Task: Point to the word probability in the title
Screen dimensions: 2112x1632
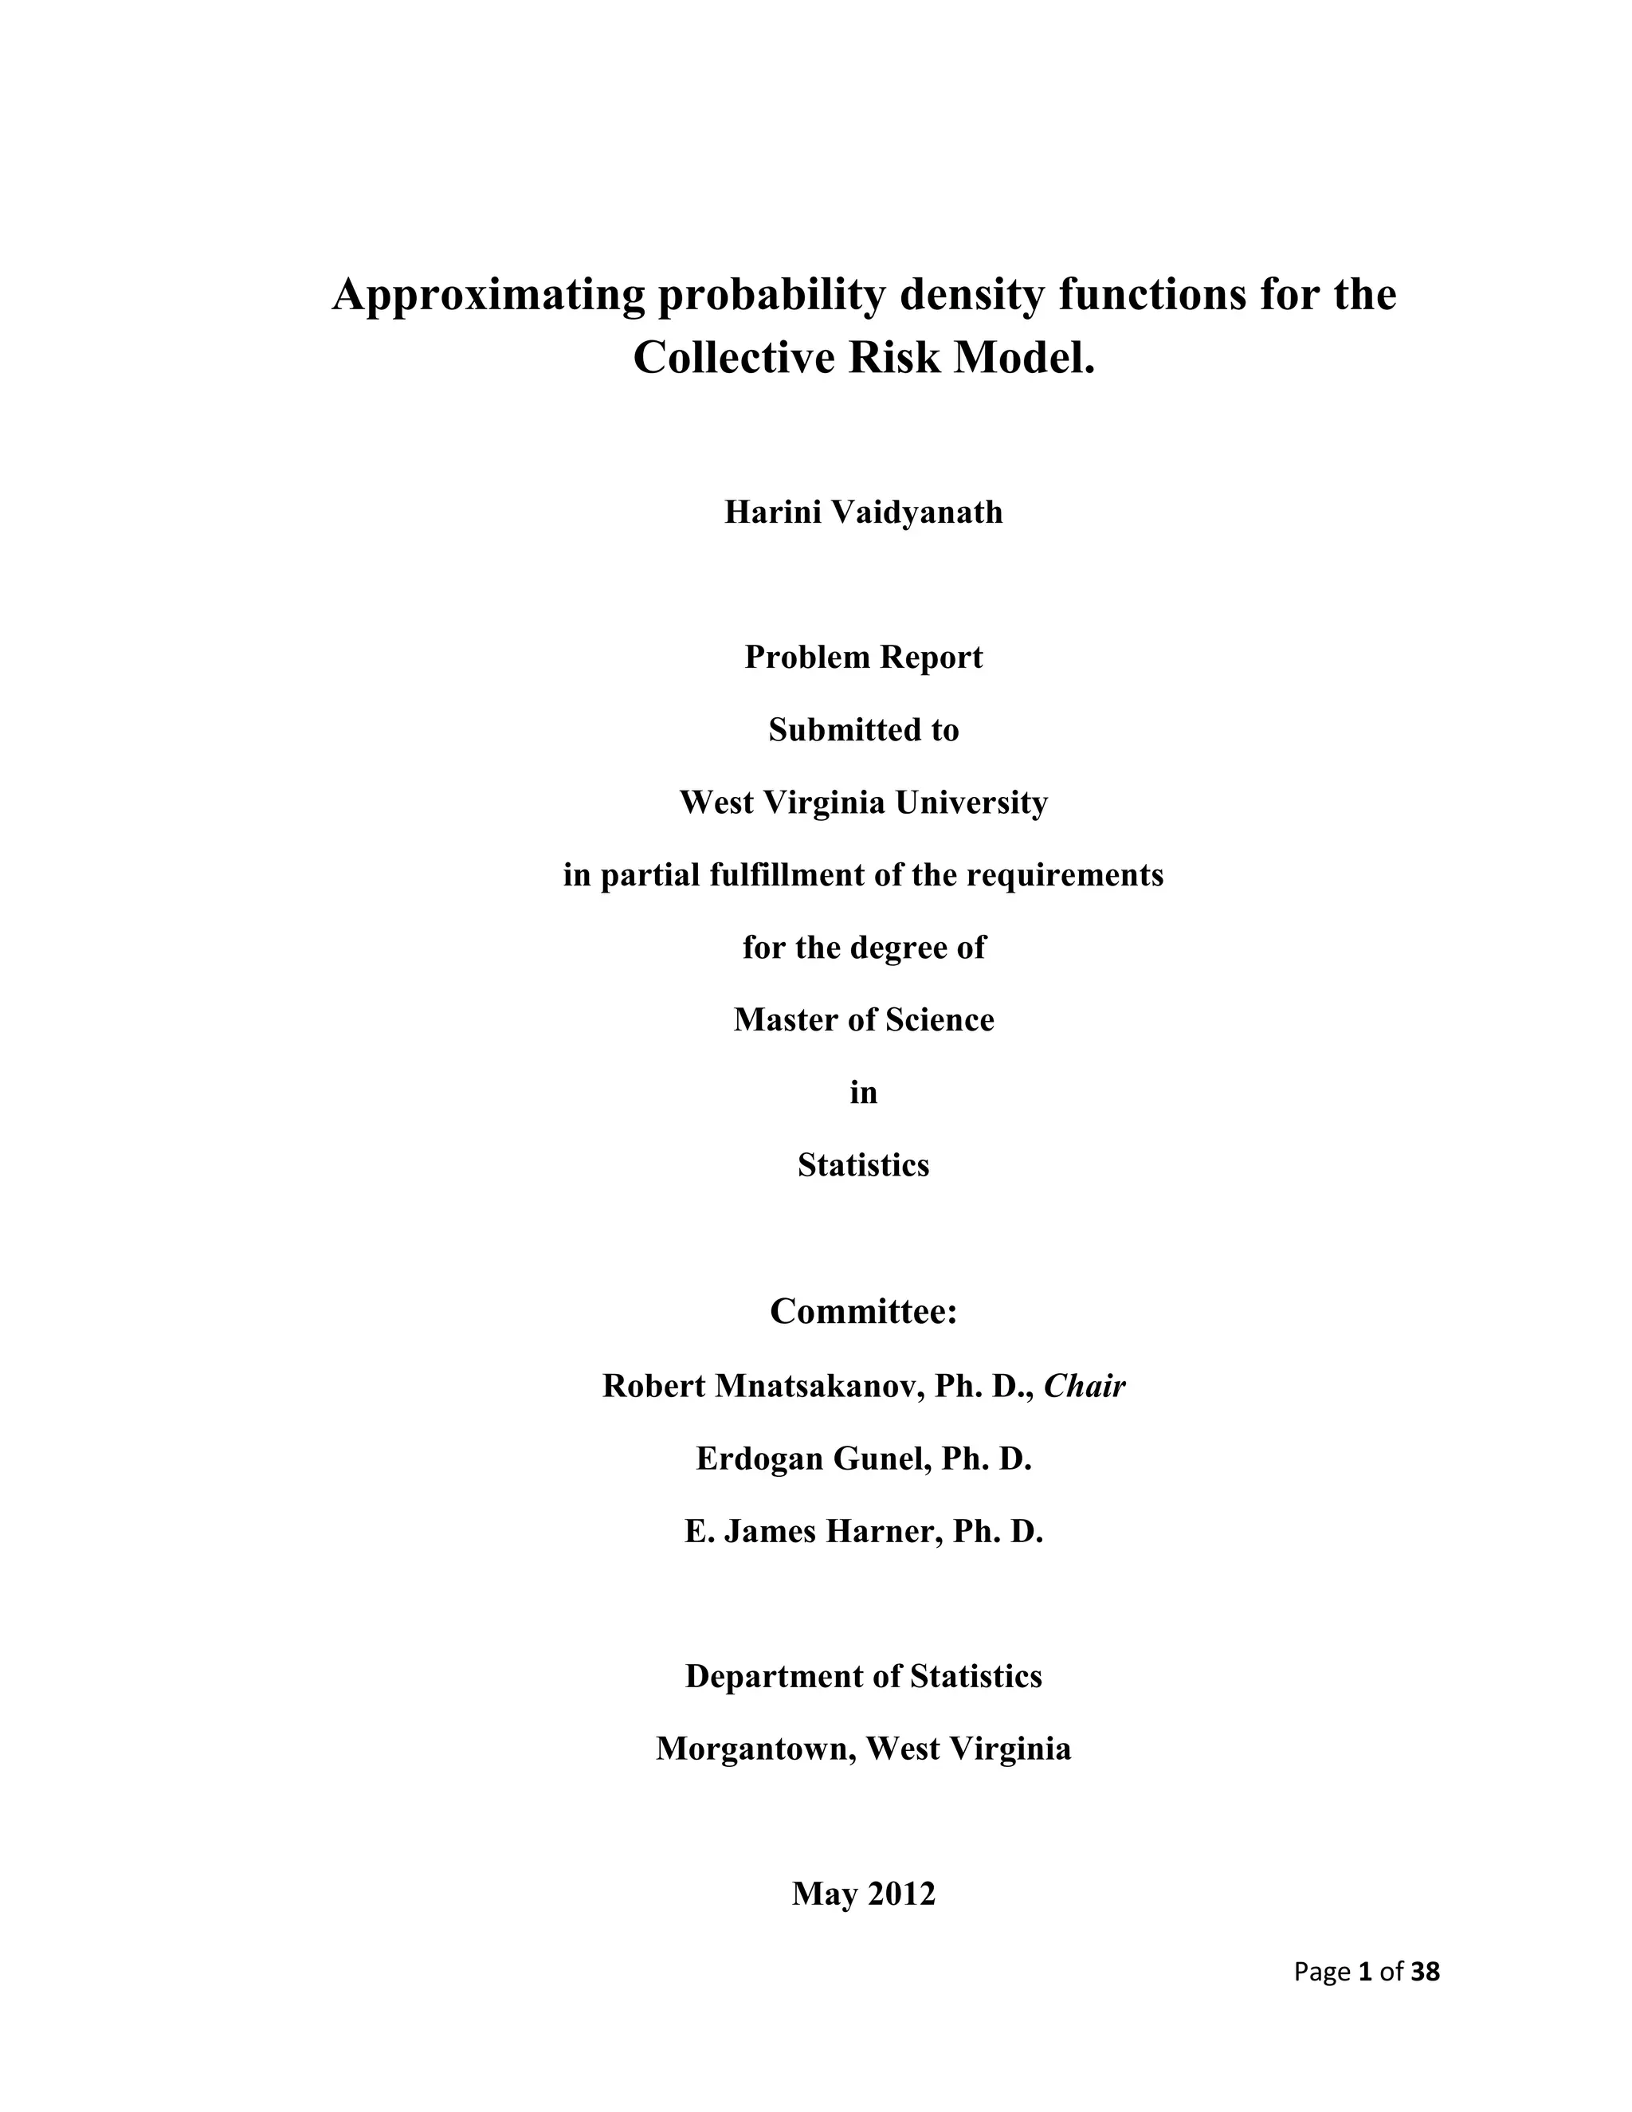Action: coord(771,295)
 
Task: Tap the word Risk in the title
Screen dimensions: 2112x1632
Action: coord(894,358)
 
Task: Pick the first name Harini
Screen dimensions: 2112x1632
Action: coord(770,512)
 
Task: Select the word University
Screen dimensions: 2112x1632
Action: coord(971,803)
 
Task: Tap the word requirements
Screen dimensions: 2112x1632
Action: coord(1065,875)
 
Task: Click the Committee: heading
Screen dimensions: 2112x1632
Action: coord(863,1313)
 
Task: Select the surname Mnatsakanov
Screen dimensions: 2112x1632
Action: coord(818,1387)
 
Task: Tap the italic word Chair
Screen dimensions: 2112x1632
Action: coord(1085,1387)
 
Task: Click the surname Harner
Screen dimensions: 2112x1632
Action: coord(883,1532)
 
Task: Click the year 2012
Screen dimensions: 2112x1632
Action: coord(901,1894)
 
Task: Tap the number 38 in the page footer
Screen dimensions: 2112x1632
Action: coord(1425,1972)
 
